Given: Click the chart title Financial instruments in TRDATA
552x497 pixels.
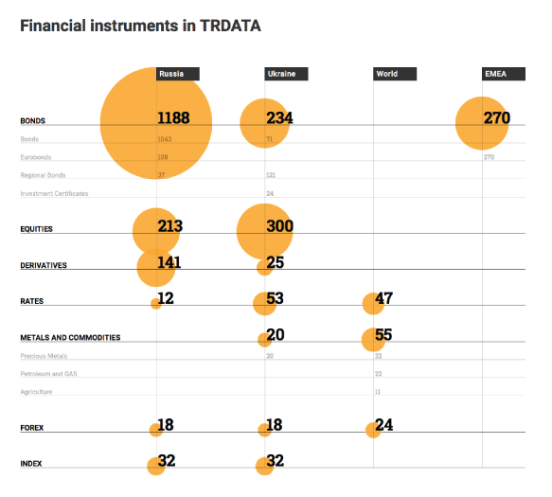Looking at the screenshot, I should coord(140,26).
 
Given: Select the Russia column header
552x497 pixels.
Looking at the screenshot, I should coord(177,74).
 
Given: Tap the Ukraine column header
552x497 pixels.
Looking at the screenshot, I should coord(285,74).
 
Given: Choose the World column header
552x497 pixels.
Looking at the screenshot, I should coord(394,74).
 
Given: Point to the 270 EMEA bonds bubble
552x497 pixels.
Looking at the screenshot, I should coord(482,122).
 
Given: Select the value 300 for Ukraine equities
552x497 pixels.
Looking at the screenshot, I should coord(279,226).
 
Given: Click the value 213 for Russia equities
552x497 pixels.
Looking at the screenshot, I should coord(170,226).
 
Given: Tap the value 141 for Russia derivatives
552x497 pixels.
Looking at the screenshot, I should coord(169,262).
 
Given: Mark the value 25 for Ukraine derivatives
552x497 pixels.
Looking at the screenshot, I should coord(276,262).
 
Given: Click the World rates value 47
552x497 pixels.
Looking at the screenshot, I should coord(383,298).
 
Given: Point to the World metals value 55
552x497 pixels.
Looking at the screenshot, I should coord(383,334).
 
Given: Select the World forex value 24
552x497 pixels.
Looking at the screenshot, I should coord(383,425).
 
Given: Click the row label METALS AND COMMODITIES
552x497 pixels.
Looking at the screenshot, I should coord(70,338).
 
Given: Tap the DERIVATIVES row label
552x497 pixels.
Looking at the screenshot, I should coord(44,266).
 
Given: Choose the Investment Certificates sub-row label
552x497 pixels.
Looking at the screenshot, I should coord(54,194).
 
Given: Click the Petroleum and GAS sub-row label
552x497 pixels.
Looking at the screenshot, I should coord(48,374).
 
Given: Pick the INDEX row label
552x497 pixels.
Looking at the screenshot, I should coord(31,463).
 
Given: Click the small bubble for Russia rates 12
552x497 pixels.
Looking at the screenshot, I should coord(155,304).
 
